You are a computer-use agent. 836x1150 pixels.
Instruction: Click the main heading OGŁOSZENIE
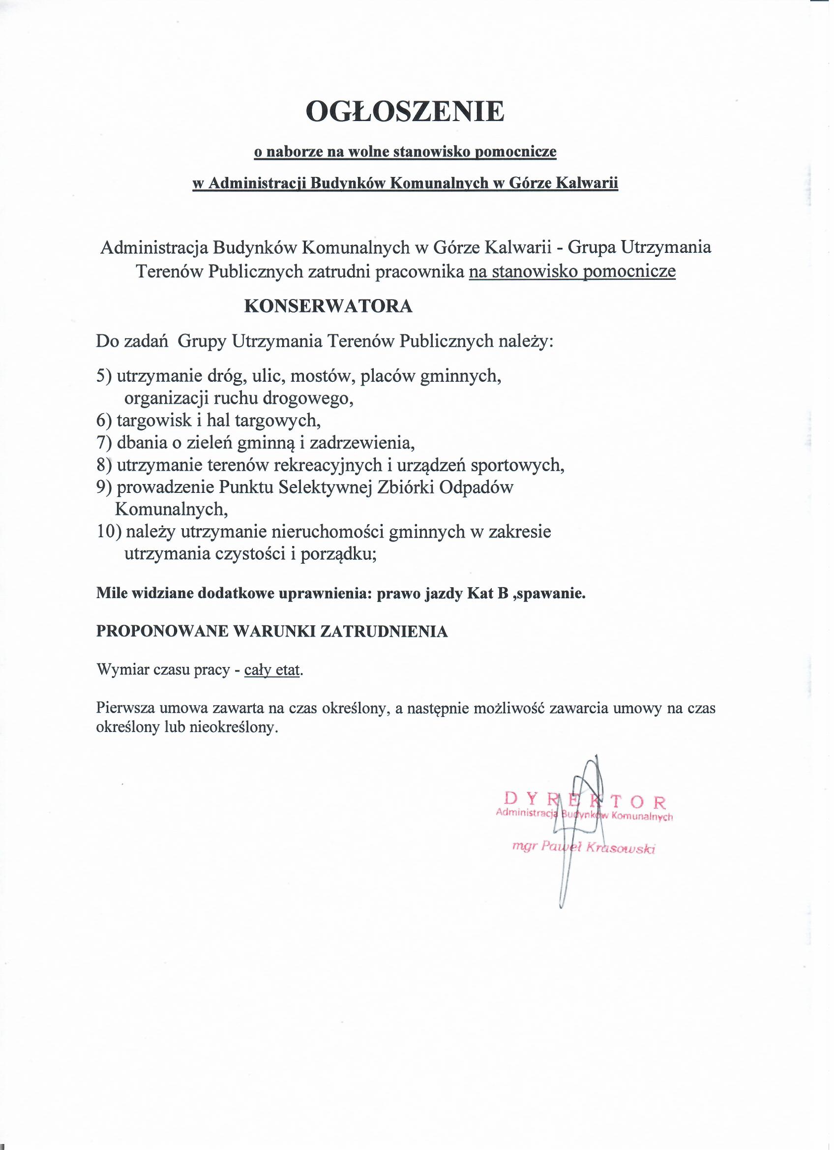pyautogui.click(x=405, y=112)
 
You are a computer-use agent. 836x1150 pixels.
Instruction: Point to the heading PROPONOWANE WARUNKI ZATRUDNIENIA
pyautogui.click(x=272, y=631)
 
